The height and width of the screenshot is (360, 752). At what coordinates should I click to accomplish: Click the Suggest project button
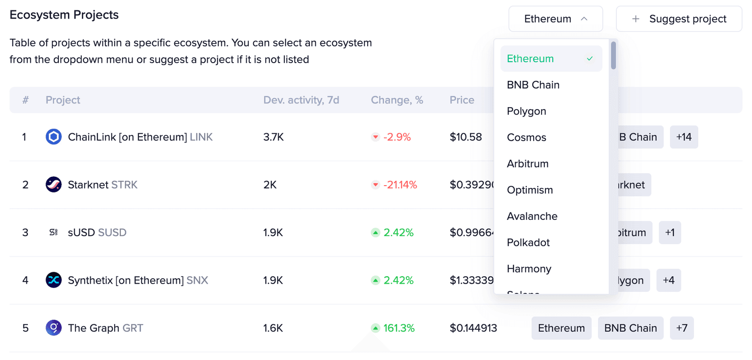679,19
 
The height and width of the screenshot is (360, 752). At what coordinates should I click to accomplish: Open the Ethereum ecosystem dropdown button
555,19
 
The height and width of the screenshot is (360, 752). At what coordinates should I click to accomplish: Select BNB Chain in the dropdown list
533,85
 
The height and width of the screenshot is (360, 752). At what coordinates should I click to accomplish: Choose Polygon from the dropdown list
526,111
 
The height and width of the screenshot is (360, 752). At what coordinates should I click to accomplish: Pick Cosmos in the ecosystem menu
526,138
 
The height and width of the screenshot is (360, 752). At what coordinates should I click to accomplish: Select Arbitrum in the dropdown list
528,164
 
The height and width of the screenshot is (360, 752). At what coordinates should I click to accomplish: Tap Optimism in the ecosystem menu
530,190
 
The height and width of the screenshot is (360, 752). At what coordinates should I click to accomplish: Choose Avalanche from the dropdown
532,216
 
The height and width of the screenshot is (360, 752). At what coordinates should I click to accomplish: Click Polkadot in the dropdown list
528,243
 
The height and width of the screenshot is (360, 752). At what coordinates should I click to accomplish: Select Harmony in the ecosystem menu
529,269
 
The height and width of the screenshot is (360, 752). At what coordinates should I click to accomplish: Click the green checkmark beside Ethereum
590,59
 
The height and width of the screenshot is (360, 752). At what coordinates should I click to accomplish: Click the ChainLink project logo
53,137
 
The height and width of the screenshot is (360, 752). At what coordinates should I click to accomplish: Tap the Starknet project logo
53,185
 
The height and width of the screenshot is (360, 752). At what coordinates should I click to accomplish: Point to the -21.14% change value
400,185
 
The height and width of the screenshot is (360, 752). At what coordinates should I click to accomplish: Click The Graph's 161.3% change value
399,328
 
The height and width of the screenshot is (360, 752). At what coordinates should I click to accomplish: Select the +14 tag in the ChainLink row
683,137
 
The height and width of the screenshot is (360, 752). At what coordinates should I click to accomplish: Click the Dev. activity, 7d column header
301,100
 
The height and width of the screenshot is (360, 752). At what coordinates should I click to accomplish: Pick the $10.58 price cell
466,137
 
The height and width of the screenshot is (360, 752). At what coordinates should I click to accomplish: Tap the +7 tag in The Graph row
681,328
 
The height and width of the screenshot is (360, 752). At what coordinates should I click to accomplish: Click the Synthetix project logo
53,280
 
